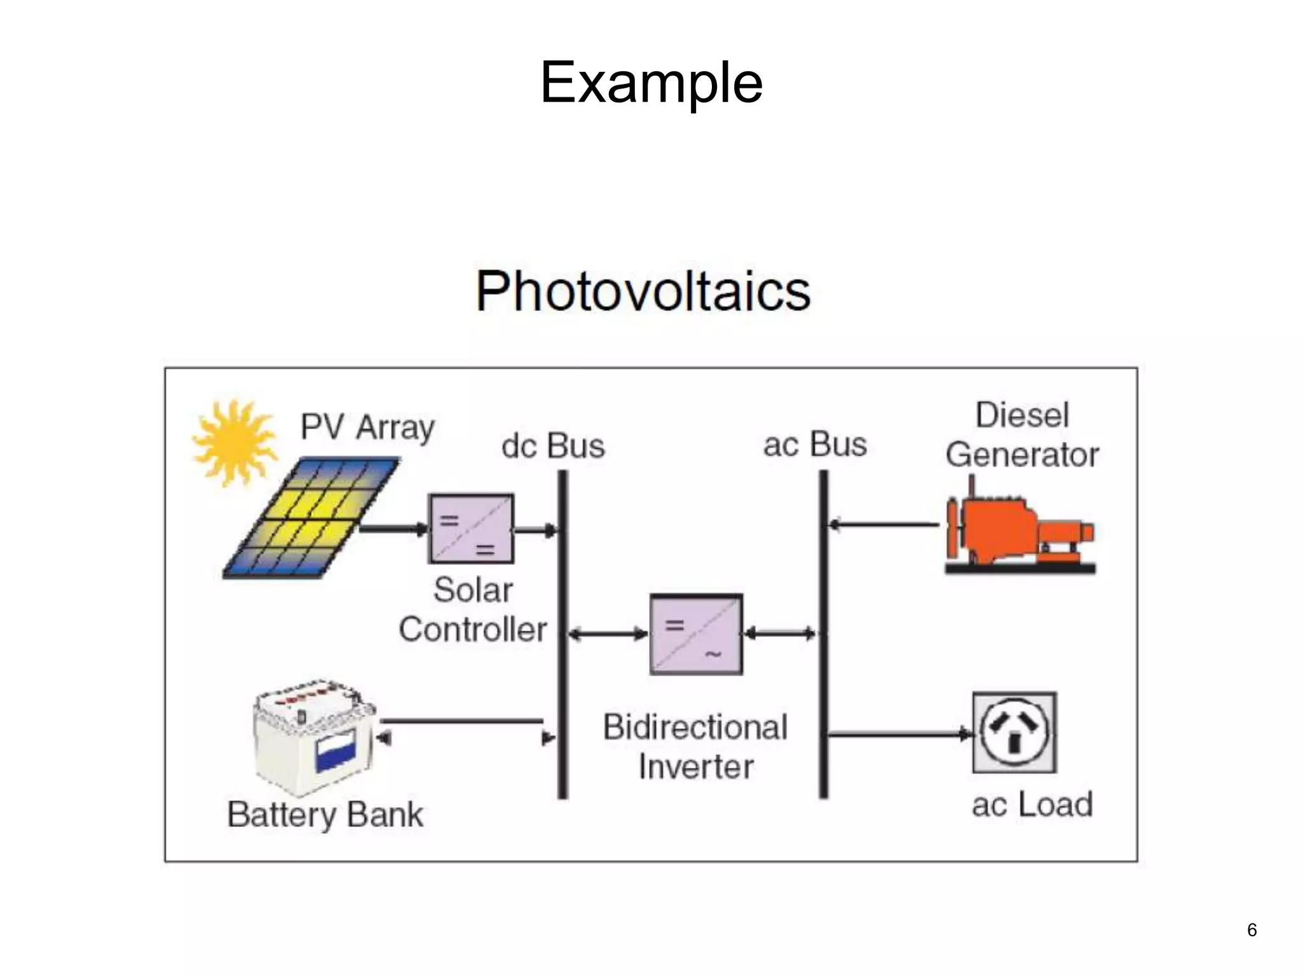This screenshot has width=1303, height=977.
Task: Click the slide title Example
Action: [651, 82]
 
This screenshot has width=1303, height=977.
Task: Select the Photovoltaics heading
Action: [643, 291]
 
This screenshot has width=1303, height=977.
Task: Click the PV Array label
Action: [368, 427]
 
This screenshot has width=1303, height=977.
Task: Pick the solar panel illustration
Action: [310, 518]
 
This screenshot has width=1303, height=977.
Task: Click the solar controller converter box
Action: [471, 529]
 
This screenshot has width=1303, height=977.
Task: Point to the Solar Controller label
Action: [473, 610]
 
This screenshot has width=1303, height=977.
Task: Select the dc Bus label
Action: [553, 446]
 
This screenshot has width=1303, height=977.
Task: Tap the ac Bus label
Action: [815, 444]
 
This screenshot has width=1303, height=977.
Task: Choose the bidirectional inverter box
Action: [696, 634]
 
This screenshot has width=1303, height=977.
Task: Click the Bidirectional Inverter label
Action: [695, 747]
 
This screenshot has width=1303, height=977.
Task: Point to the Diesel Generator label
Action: [1022, 435]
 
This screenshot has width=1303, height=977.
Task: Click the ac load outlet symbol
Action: [1014, 732]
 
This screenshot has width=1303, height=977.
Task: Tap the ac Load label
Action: [1032, 805]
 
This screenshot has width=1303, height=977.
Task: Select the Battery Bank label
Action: [325, 815]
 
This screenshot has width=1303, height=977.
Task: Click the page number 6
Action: [1251, 930]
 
